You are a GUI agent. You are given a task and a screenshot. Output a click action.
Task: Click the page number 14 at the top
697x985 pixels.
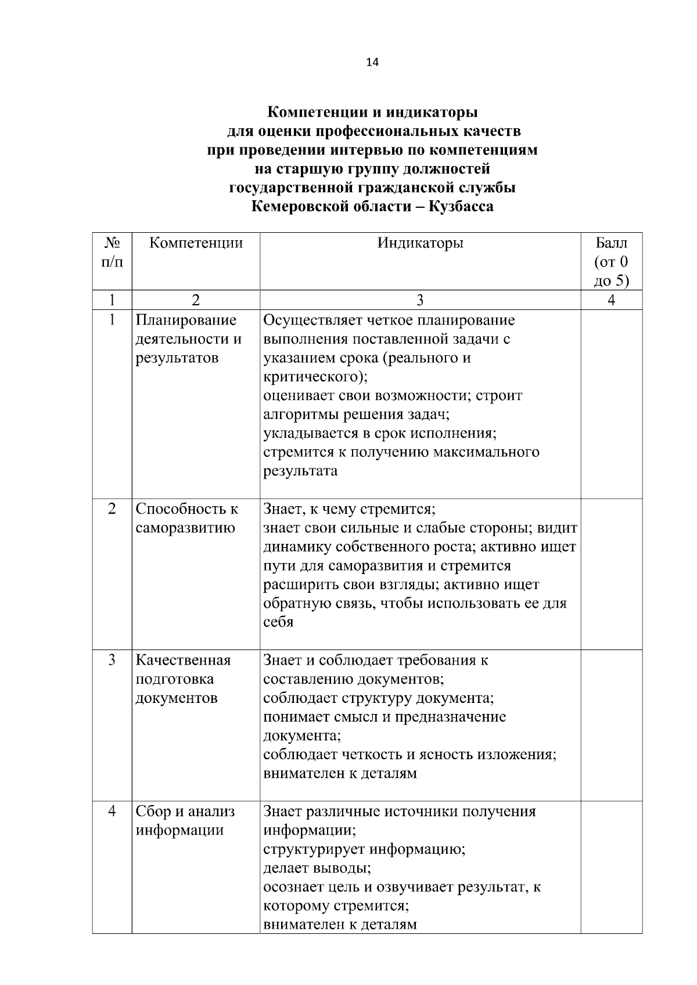click(372, 63)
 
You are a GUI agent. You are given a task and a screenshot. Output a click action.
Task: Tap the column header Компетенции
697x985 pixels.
click(196, 243)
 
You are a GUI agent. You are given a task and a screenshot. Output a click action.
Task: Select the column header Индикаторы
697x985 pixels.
click(420, 243)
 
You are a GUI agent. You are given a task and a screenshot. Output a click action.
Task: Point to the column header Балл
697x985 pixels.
click(611, 243)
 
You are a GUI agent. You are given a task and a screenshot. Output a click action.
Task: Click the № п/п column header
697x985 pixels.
click(112, 252)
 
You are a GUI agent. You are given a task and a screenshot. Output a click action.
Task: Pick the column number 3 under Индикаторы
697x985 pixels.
click(420, 300)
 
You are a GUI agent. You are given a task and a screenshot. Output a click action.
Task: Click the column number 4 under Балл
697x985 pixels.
click(611, 300)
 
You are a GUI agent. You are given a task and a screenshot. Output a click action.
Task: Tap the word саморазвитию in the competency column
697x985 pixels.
click(185, 528)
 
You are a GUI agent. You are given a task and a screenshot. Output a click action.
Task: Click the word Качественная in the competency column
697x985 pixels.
click(183, 660)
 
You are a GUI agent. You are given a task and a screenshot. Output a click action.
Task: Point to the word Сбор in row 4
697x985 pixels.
click(152, 811)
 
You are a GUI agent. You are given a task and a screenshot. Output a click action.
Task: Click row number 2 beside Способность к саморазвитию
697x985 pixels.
click(112, 508)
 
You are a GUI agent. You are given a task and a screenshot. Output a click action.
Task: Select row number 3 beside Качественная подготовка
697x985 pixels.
click(112, 660)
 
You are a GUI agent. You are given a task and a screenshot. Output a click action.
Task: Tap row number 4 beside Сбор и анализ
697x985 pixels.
click(112, 811)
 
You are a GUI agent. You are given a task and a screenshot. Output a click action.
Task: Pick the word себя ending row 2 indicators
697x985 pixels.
click(278, 622)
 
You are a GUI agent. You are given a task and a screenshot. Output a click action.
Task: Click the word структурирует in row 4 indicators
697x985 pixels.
click(314, 849)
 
